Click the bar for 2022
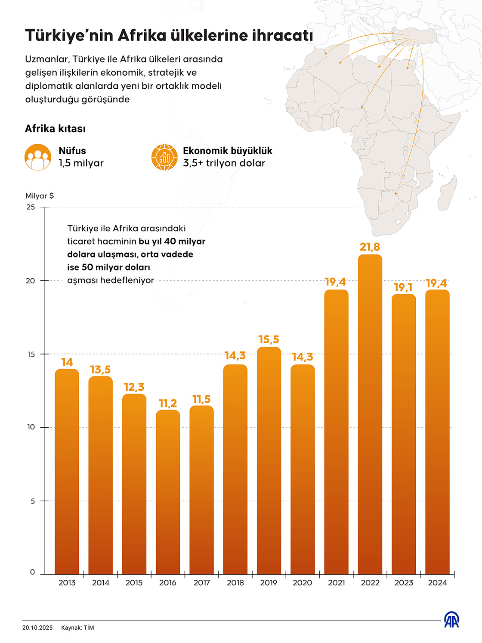(x=370, y=413)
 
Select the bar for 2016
(x=168, y=491)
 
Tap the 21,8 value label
(x=370, y=247)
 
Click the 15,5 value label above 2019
(x=269, y=339)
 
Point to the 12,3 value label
(x=134, y=387)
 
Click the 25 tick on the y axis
(x=31, y=207)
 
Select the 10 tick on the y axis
(x=31, y=427)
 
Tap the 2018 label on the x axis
(x=235, y=583)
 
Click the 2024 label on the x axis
(x=437, y=583)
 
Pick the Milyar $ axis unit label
(x=40, y=196)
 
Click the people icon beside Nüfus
(x=38, y=157)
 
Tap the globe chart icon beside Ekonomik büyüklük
(x=164, y=157)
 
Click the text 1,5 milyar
(x=81, y=163)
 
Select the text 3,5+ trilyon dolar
(x=224, y=163)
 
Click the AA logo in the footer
(x=451, y=620)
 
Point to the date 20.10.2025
(x=37, y=628)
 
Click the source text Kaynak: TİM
(x=77, y=628)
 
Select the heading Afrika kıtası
(x=55, y=129)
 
